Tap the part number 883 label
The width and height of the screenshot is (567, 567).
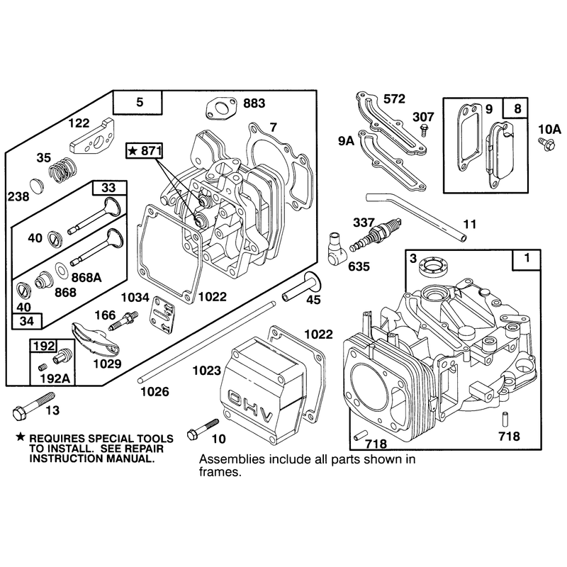[254, 103]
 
